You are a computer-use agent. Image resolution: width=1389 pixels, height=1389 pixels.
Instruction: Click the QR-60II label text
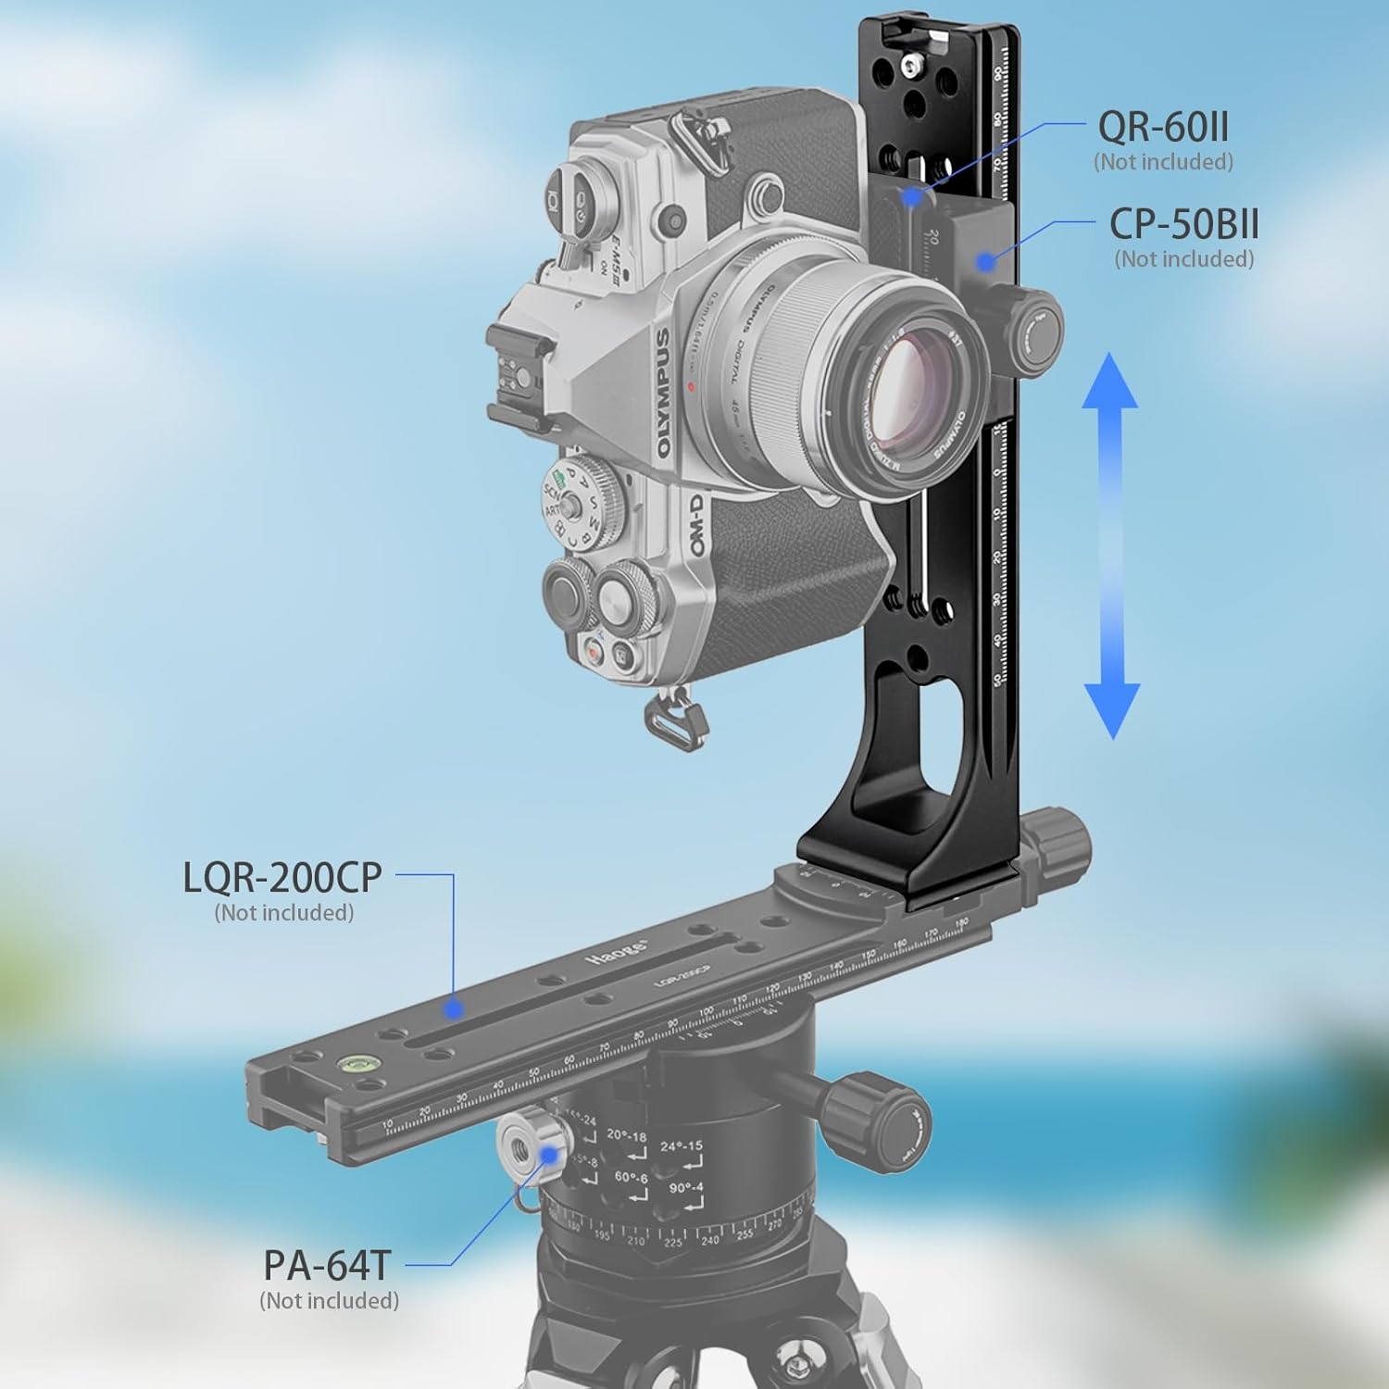point(1163,126)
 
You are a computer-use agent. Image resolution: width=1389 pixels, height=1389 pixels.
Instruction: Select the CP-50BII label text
point(1183,224)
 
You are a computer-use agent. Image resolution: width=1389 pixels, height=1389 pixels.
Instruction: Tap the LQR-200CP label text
point(282,877)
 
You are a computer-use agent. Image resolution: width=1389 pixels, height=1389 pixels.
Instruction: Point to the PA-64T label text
point(328,1265)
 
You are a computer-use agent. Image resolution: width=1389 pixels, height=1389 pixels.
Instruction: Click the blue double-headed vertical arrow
point(1111,546)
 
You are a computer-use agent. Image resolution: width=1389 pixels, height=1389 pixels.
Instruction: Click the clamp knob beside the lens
point(1035,331)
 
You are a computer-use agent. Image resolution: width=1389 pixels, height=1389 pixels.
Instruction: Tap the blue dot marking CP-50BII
point(987,261)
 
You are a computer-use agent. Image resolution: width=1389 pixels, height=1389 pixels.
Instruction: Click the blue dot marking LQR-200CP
point(452,1007)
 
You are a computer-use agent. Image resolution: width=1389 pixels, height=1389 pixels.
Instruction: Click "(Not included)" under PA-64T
point(329,1300)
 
